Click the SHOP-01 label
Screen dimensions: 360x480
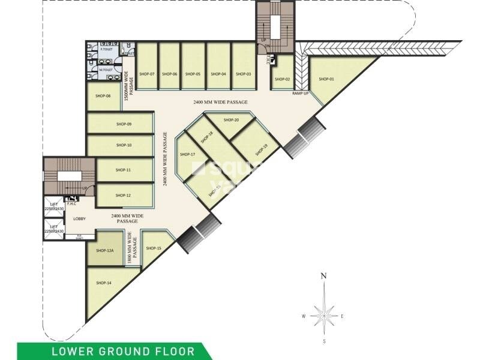pos(326,79)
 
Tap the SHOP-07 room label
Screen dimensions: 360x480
pos(147,74)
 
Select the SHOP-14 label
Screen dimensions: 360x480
pos(104,283)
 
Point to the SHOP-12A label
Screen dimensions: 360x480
pos(106,251)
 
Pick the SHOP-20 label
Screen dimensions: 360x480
pos(232,120)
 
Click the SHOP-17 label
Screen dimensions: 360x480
pos(188,154)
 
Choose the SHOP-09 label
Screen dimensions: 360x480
pos(124,124)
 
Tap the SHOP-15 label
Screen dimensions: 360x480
pos(153,248)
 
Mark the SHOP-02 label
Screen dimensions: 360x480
pos(283,79)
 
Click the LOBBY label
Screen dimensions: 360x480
pos(80,218)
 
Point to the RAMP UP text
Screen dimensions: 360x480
pos(301,94)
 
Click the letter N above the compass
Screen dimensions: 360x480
pos(323,275)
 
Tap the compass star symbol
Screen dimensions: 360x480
pos(323,313)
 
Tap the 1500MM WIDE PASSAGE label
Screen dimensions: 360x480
pos(127,86)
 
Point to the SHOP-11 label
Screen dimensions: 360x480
pos(124,170)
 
